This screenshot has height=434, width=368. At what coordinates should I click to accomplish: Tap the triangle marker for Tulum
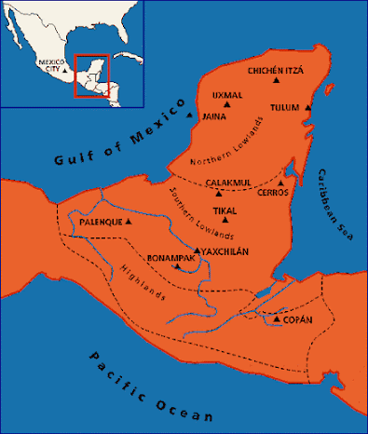pyautogui.click(x=307, y=108)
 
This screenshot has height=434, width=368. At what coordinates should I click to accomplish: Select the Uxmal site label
pyautogui.click(x=227, y=95)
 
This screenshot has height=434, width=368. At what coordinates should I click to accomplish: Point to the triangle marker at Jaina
pyautogui.click(x=190, y=116)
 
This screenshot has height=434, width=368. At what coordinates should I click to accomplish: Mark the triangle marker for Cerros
pyautogui.click(x=281, y=183)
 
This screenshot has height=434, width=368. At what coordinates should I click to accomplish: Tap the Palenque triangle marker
pyautogui.click(x=129, y=224)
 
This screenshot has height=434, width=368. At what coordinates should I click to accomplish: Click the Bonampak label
pyautogui.click(x=169, y=256)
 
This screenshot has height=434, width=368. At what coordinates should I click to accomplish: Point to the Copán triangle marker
pyautogui.click(x=277, y=319)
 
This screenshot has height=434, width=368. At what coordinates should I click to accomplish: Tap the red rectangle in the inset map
pyautogui.click(x=92, y=77)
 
